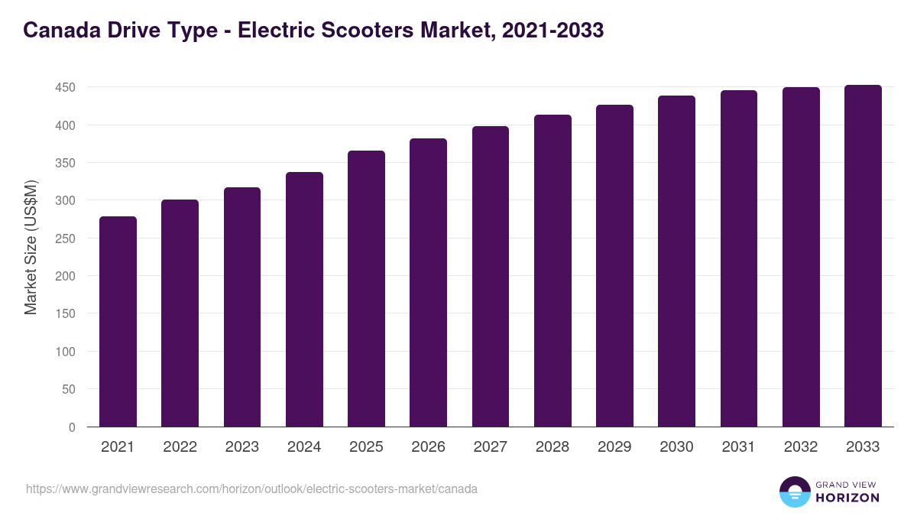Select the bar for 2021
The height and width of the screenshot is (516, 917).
[118, 322]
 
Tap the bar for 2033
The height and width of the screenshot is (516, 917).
[863, 256]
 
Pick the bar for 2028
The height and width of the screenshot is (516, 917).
[552, 271]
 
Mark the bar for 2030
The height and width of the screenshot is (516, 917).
[677, 261]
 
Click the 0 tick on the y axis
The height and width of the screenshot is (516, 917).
[72, 427]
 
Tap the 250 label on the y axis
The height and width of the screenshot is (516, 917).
[65, 239]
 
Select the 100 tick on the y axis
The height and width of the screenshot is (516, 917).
[65, 352]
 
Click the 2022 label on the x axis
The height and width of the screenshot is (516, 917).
[180, 447]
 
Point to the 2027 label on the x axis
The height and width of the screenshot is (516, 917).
[490, 447]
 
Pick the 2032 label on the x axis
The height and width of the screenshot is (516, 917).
[801, 447]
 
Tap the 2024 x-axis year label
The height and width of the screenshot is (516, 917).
[304, 447]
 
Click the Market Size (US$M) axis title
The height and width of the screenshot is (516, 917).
[31, 247]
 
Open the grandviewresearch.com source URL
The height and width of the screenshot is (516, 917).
[251, 488]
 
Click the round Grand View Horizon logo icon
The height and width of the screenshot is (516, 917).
[795, 492]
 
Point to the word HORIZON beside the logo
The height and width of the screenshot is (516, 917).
[847, 498]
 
